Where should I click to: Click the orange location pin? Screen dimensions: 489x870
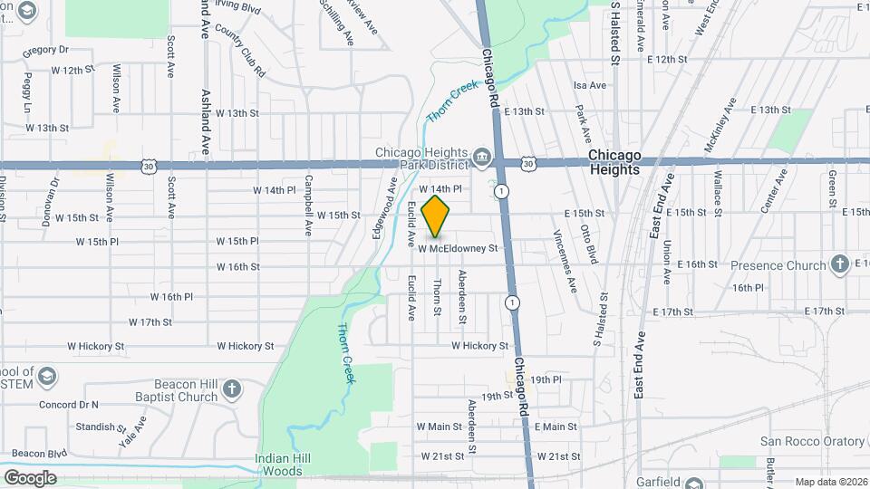436,216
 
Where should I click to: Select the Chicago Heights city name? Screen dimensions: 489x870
614,163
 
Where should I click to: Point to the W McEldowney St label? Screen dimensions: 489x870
459,248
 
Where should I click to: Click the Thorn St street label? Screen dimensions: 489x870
437,297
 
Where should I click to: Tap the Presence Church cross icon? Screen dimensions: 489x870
839,264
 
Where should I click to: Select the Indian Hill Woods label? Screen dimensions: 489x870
278,465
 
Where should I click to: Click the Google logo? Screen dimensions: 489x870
30,477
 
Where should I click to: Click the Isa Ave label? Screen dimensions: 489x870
590,85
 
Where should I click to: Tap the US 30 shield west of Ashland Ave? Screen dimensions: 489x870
149,166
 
